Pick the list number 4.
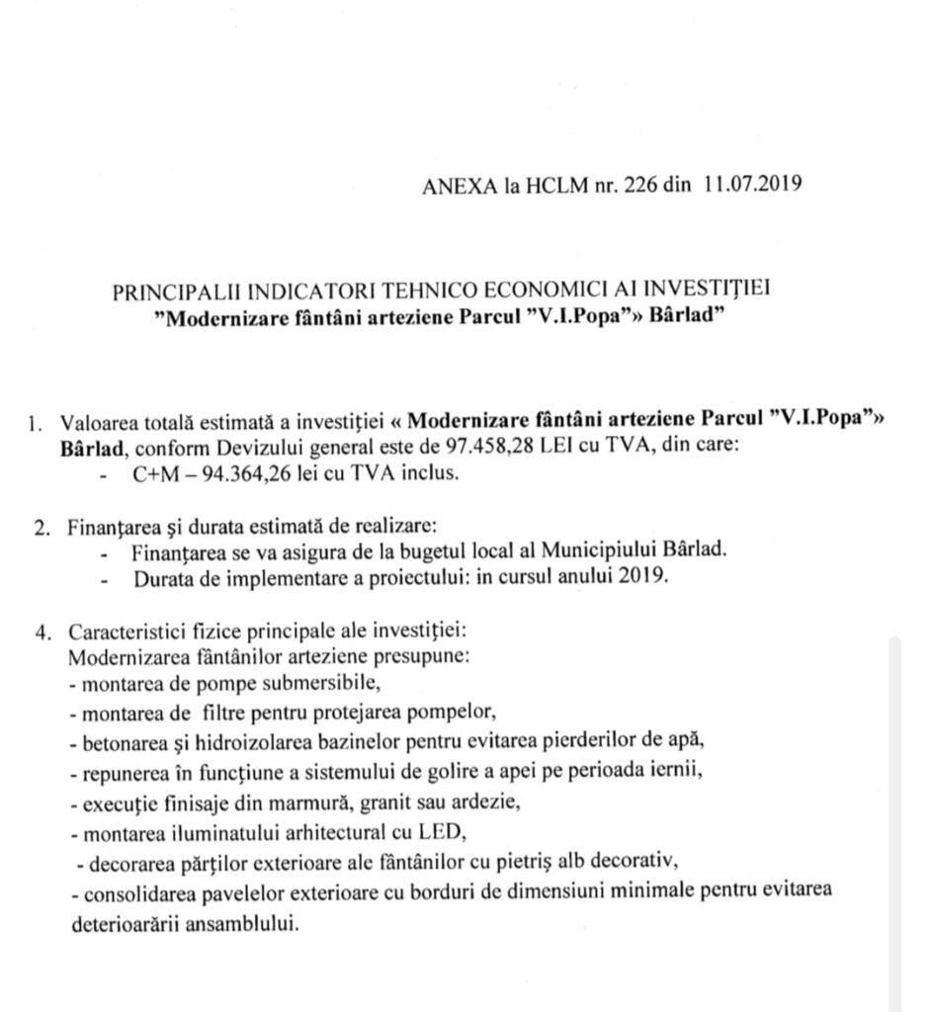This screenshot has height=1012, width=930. pyautogui.click(x=42, y=632)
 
